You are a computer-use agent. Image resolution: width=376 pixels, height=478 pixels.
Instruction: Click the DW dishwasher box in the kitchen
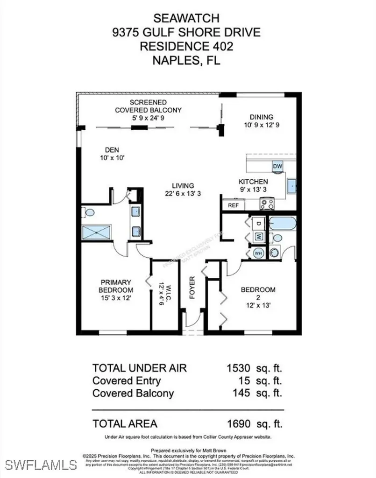coord(277,167)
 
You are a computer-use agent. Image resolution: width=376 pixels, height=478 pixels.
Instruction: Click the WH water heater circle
coord(258,253)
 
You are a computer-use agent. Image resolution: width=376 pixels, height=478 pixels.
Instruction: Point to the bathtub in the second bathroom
coord(282,223)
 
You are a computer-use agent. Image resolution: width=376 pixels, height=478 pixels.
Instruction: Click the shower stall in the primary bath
coord(96,232)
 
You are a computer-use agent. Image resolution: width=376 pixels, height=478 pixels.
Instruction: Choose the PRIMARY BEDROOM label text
coord(116,286)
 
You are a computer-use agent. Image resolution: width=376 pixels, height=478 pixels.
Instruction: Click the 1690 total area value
coord(239,424)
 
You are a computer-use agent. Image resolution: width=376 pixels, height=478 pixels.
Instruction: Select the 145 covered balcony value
coord(242,393)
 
